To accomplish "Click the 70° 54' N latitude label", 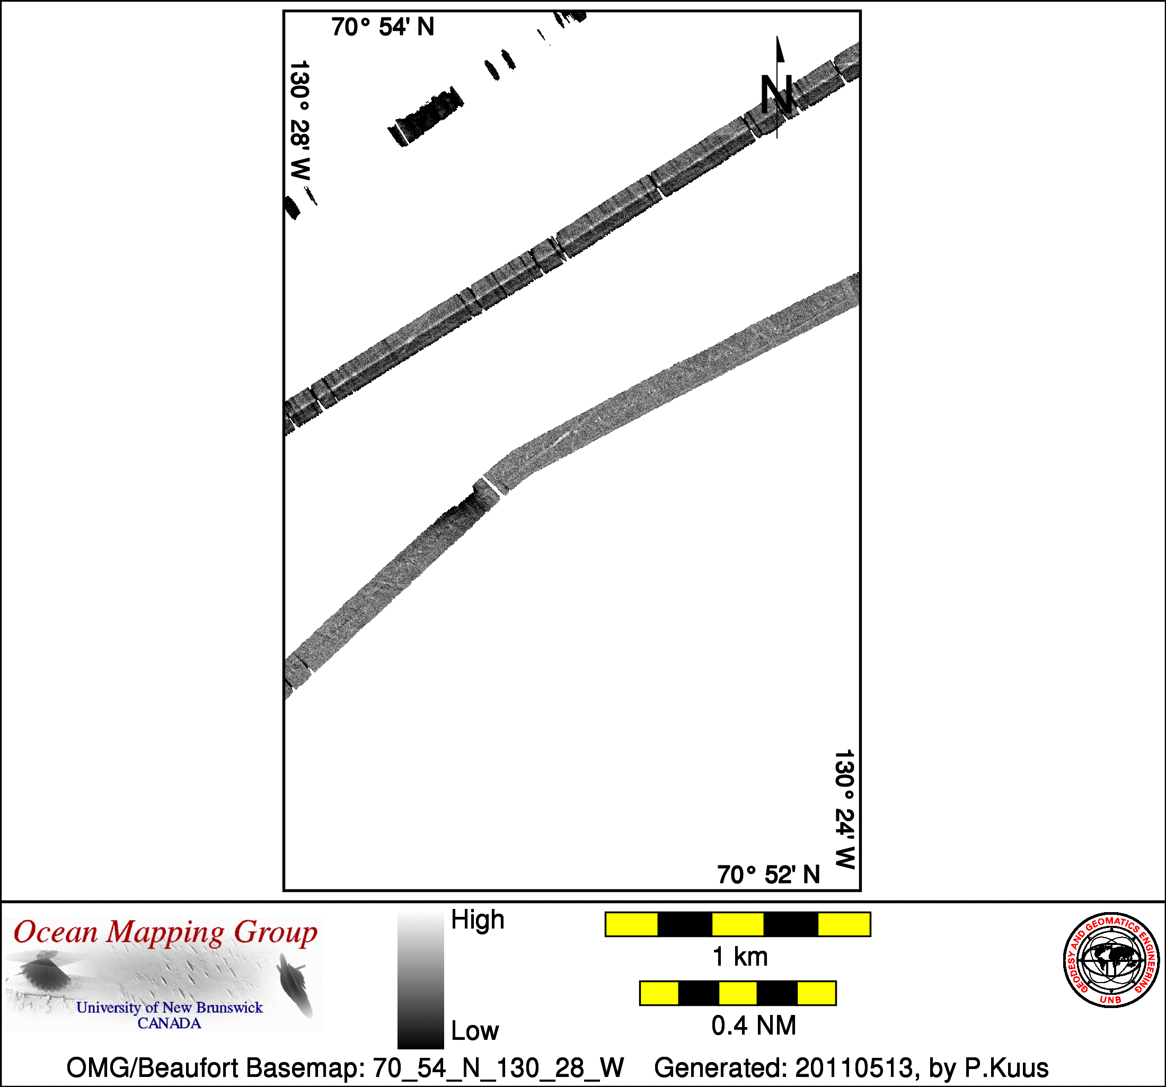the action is pos(383,27).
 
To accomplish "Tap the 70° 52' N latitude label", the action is pos(768,874).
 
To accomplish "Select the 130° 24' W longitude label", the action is pos(845,809).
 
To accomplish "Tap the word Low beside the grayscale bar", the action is pos(474,1031).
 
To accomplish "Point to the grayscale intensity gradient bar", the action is pos(420,979).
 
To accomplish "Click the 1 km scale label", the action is pos(739,957).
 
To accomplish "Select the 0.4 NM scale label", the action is pos(754,1026).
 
